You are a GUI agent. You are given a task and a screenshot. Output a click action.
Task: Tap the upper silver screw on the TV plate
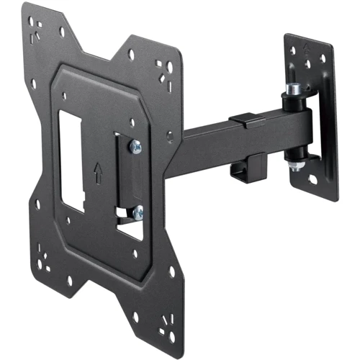point(135,146)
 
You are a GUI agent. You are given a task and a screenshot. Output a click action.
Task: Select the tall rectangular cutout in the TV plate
point(73,158)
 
